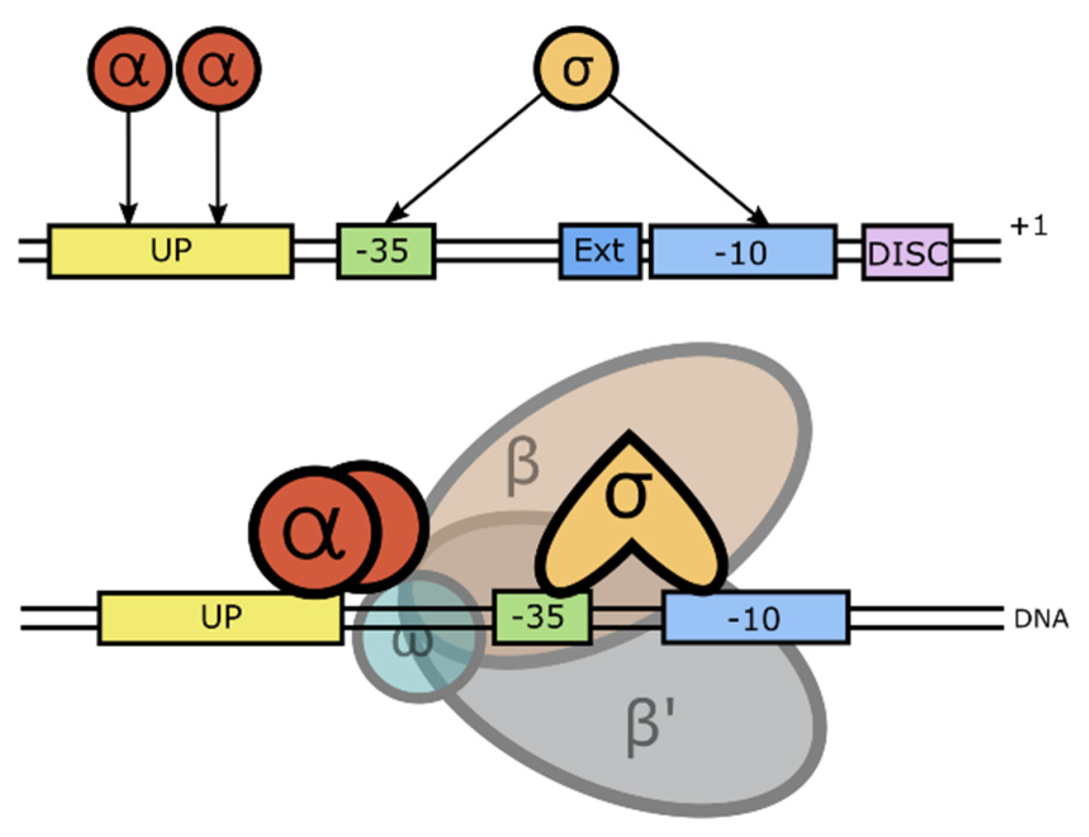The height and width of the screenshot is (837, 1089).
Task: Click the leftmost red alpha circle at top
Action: [129, 69]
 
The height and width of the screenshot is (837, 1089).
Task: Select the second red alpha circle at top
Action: [219, 69]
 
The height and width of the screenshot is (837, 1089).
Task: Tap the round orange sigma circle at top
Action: [576, 68]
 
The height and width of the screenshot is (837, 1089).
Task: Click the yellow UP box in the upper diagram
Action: [170, 251]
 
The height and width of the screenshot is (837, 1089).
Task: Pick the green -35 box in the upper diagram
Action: [386, 251]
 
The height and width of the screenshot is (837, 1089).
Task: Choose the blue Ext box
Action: [600, 251]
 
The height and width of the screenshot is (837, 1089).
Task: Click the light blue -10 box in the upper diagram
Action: [742, 252]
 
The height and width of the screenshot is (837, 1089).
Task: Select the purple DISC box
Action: [907, 252]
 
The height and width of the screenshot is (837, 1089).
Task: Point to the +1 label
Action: [1029, 226]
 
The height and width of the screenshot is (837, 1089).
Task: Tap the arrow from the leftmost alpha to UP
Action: [129, 165]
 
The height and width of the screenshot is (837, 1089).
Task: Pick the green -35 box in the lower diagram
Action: [542, 617]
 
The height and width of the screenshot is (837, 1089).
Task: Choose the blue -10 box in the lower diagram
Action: [756, 618]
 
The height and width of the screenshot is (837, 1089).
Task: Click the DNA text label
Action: [1041, 619]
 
